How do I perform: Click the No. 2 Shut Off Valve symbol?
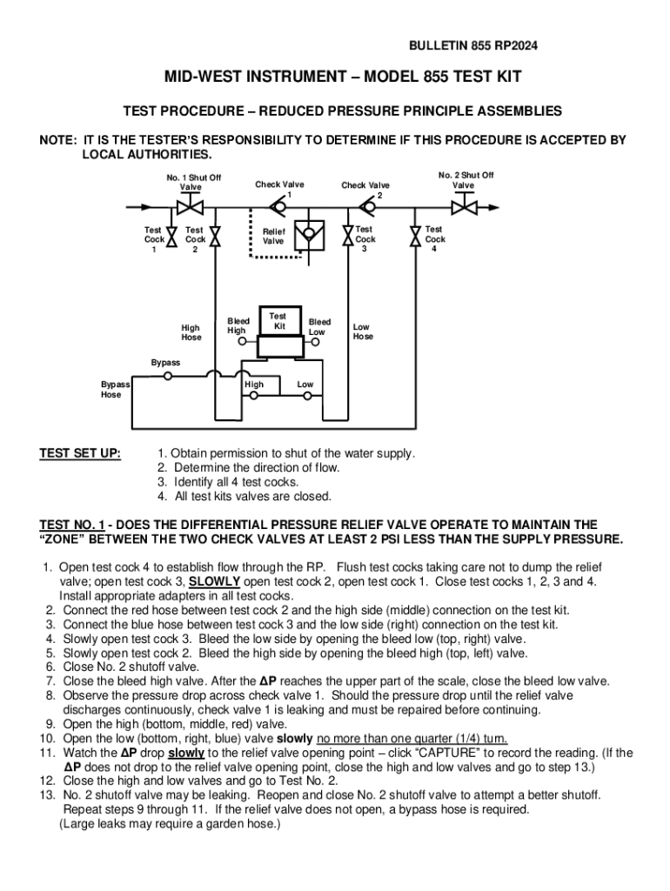coord(464,207)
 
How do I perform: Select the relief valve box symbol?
coord(306,235)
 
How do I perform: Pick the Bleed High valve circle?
coord(241,343)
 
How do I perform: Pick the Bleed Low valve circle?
coord(315,343)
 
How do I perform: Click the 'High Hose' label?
coord(191,332)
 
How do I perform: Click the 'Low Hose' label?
coord(363,332)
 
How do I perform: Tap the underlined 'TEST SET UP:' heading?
coord(81,453)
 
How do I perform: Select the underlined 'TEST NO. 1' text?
coord(72,525)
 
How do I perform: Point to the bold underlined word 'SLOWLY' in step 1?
coord(216,581)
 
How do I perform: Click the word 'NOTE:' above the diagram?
coord(57,140)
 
